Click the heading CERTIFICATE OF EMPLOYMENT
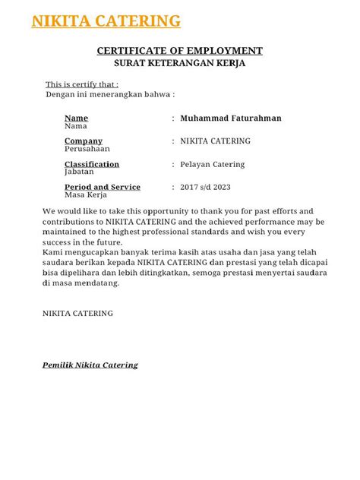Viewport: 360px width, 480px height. pos(179,51)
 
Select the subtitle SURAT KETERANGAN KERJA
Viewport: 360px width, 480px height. pos(179,64)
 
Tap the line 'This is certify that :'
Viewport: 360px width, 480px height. pos(82,84)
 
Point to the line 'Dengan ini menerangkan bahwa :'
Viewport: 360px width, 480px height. pos(110,94)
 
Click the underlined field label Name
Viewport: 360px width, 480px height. pos(76,118)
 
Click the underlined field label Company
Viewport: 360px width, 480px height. pos(83,141)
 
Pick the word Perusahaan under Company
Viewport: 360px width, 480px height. pos(87,150)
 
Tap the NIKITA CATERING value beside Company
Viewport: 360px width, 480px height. pos(215,141)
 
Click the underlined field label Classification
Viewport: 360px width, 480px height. pos(92,164)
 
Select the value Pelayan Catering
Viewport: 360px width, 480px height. pos(213,164)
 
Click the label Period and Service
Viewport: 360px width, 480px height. pos(103,187)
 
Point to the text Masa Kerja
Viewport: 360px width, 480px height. pos(85,195)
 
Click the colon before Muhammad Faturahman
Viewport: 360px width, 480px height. pos(173,118)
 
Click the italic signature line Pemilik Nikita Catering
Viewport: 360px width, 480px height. pos(90,365)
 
